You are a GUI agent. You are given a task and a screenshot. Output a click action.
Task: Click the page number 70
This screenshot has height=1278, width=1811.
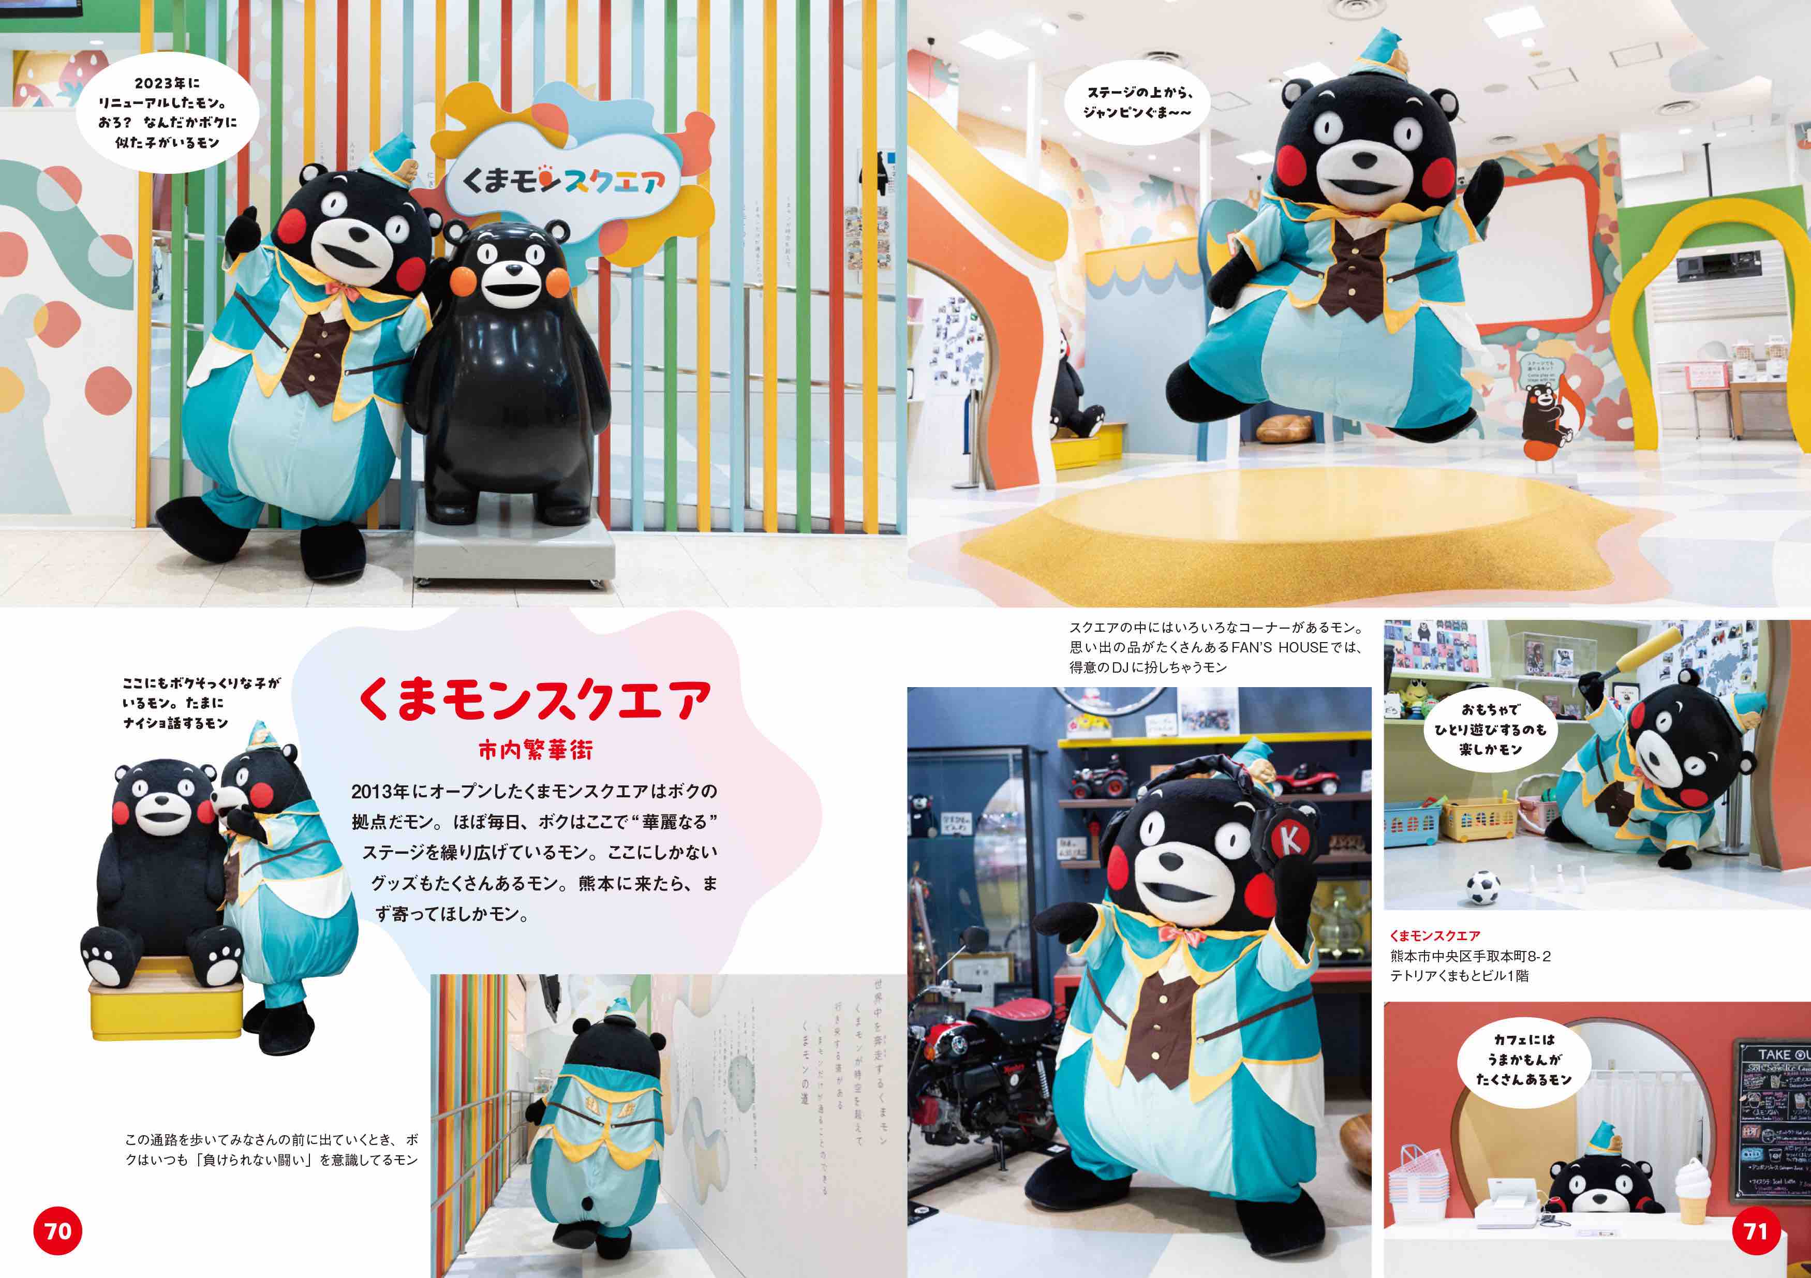click(x=57, y=1231)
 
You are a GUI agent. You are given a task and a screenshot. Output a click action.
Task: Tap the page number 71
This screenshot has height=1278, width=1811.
click(x=1756, y=1231)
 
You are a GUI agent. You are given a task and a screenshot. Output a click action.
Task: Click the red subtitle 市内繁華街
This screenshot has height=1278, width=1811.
click(x=535, y=750)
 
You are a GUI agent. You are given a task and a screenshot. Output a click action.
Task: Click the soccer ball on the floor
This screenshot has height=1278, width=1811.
click(x=1483, y=887)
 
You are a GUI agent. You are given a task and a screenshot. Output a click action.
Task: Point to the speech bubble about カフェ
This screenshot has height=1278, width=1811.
click(x=1524, y=1060)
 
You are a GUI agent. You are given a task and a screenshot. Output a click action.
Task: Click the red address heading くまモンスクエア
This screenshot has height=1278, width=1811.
click(x=1435, y=935)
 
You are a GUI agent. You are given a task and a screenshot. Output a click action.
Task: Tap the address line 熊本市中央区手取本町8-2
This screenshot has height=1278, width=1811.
click(x=1470, y=956)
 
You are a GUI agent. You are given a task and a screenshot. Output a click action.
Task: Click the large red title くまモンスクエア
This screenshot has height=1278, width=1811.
click(x=535, y=699)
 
